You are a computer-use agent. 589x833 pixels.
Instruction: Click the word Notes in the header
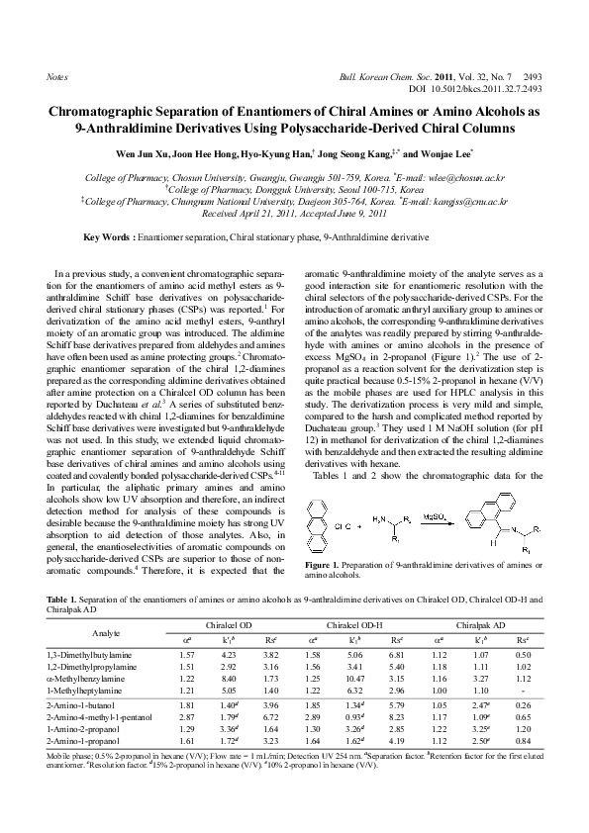[x=57, y=75]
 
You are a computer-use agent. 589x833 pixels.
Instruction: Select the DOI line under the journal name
[x=479, y=88]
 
